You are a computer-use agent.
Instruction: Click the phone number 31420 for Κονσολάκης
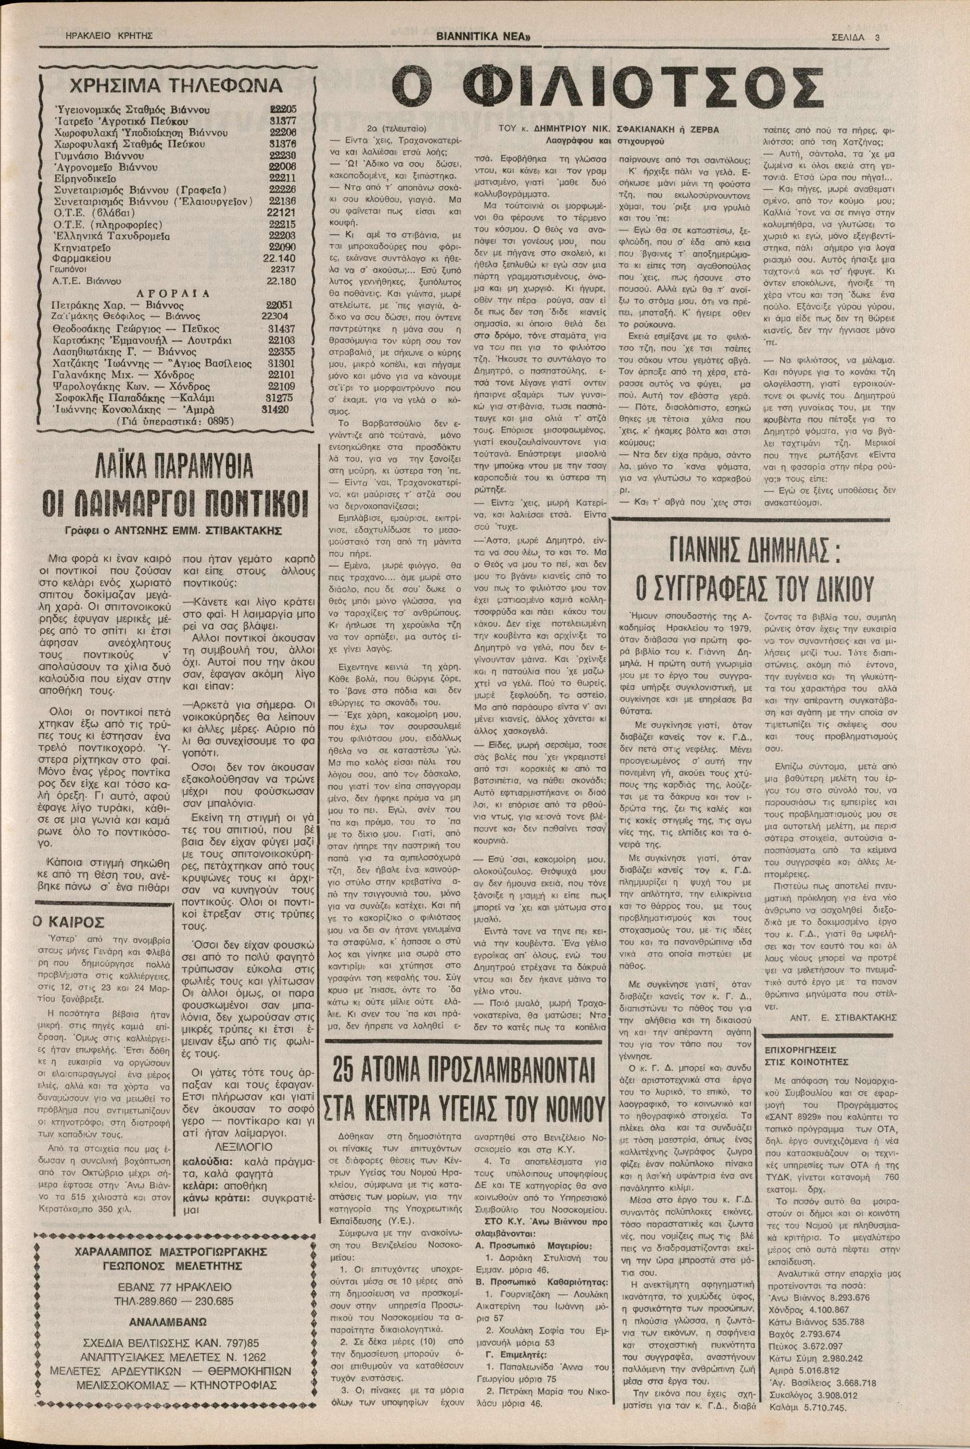tap(275, 409)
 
